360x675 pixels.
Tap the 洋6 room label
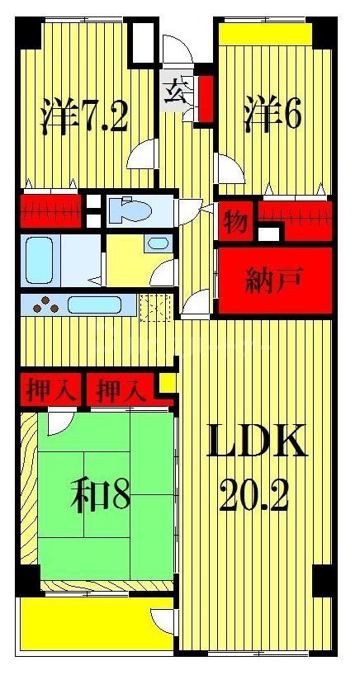[x=272, y=114]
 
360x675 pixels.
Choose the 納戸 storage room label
[x=275, y=282]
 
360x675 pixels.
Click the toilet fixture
[x=132, y=210]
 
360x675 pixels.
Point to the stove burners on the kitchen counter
[x=48, y=306]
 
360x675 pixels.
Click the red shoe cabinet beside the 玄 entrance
[x=204, y=97]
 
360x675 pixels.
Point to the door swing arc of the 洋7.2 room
[x=142, y=154]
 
